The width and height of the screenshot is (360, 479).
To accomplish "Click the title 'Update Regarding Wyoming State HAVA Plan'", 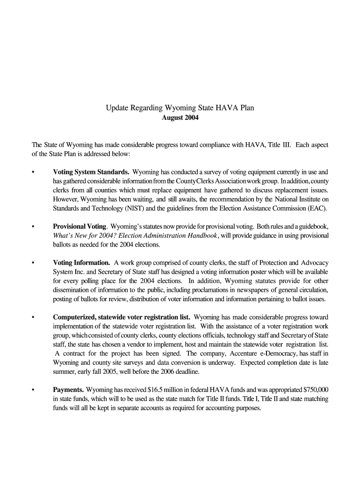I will (x=180, y=108).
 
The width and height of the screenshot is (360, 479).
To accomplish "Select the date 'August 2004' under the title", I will (x=180, y=118).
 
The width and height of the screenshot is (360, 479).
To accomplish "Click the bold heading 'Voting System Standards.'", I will (x=91, y=172).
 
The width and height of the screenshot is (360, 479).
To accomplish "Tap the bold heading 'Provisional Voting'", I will (x=80, y=226).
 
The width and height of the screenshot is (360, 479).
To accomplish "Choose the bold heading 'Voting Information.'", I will (x=82, y=263).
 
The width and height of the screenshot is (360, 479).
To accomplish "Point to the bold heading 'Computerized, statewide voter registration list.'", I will (x=121, y=317).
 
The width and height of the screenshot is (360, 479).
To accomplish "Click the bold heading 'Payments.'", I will (x=68, y=390).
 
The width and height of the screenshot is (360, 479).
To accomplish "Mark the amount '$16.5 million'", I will (x=164, y=390).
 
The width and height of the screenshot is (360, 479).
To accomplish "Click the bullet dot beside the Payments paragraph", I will (x=33, y=390).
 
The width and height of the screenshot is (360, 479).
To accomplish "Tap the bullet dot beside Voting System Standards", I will (x=33, y=172).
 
